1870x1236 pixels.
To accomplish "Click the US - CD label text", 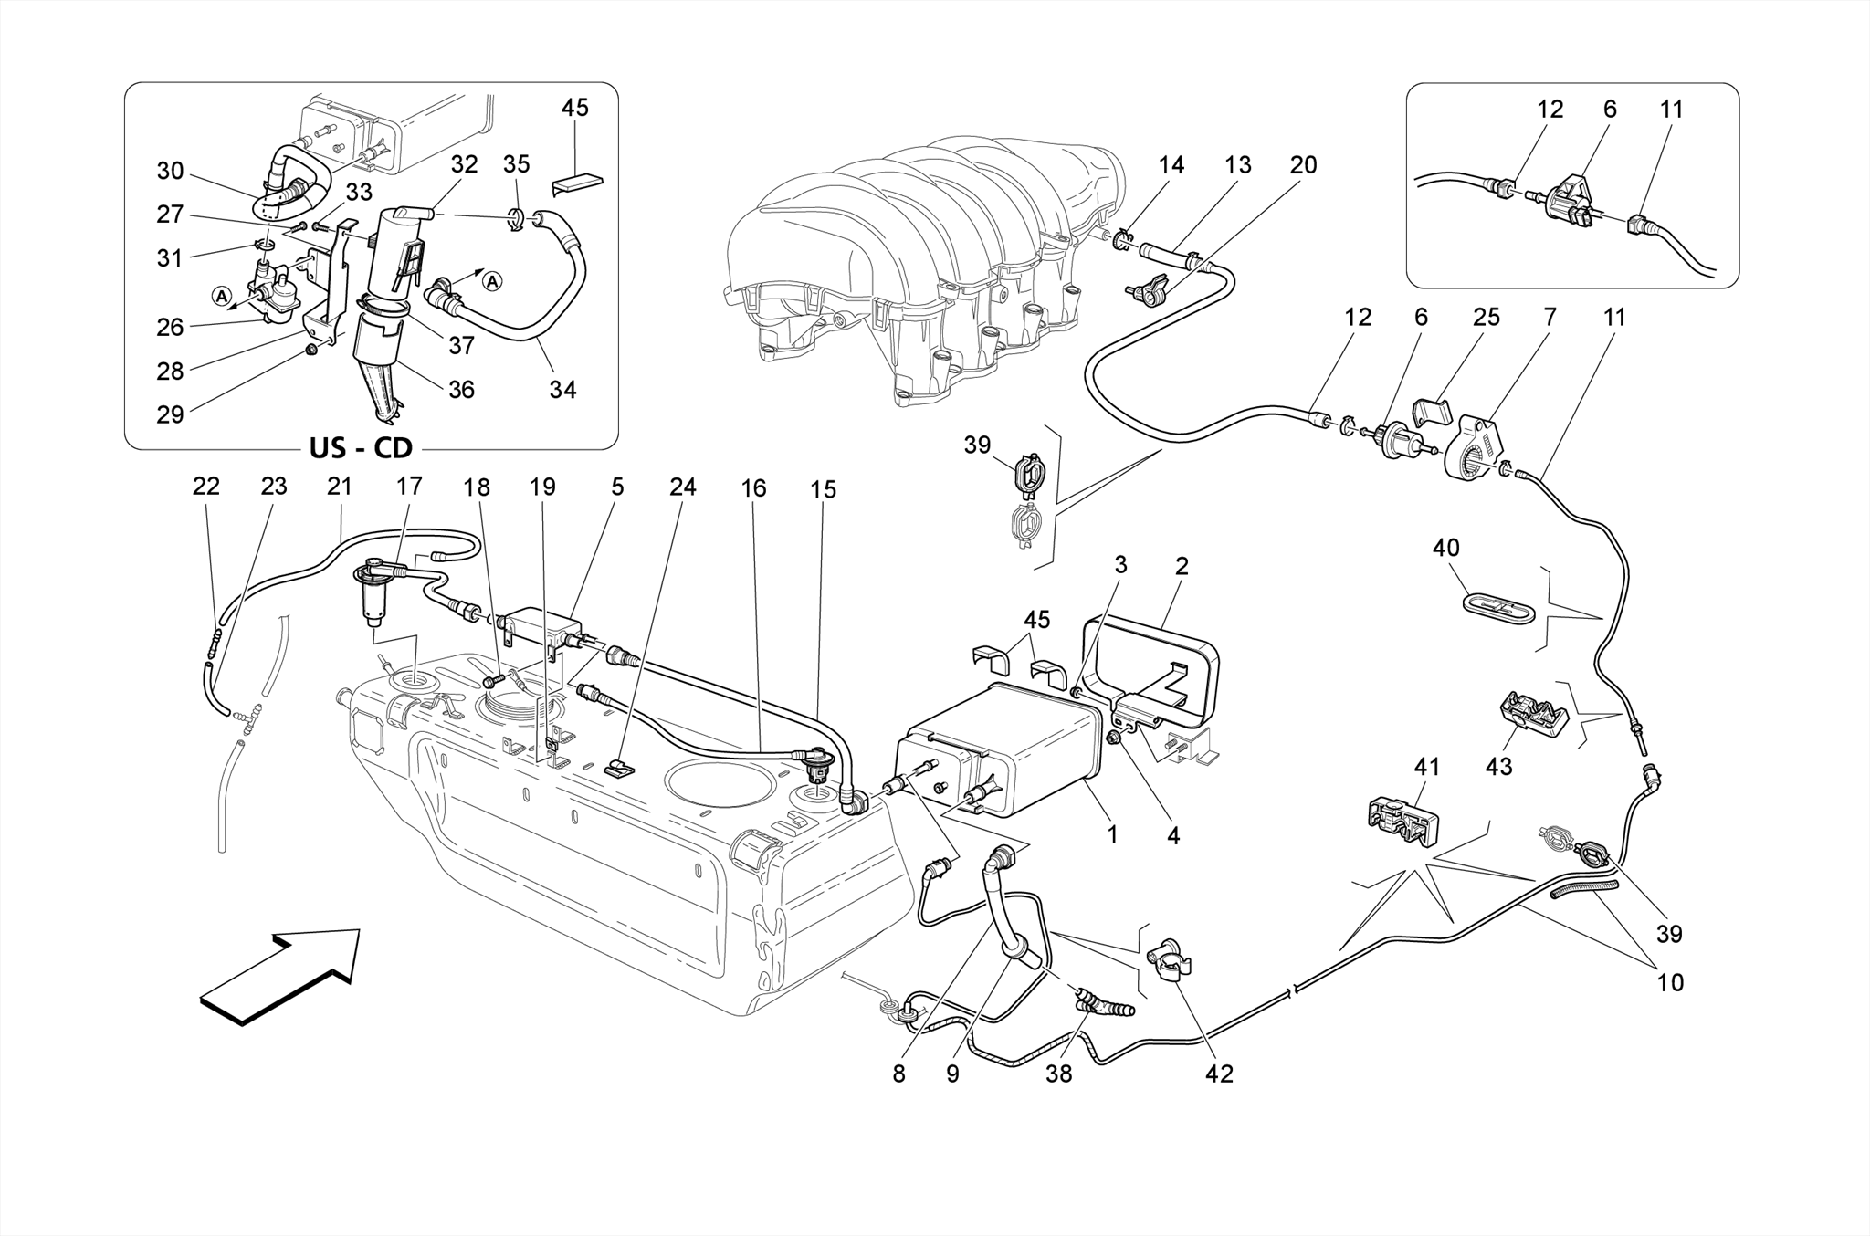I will (360, 448).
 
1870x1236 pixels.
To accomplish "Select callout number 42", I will (1219, 1074).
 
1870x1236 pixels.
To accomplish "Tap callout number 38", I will (1059, 1074).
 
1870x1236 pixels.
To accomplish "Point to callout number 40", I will (1446, 548).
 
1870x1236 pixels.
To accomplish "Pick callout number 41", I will (1426, 767).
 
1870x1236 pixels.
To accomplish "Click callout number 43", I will (1498, 766).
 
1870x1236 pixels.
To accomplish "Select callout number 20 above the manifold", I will (1303, 165).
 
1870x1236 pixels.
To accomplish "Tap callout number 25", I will (1487, 318).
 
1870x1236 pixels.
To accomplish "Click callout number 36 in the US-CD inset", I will (461, 390).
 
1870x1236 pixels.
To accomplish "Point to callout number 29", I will (170, 414).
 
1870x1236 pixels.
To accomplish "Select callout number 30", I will (170, 172).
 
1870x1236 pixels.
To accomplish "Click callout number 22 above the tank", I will (206, 487).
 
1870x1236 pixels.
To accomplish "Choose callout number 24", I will (682, 487).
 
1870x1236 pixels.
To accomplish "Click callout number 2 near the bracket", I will (1182, 566).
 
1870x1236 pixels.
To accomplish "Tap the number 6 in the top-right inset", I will (1610, 110).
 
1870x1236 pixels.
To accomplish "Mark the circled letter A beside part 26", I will (220, 295).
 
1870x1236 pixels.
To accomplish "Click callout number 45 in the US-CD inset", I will (574, 108).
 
